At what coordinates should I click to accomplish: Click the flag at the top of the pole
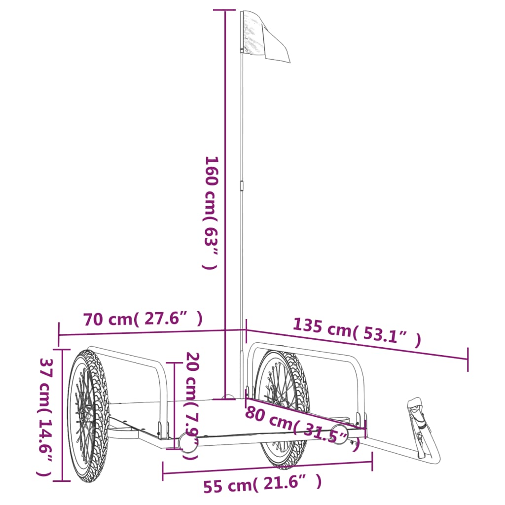[x=264, y=37]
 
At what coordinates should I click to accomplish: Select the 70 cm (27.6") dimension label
[x=143, y=320]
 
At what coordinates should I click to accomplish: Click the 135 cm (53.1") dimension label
[x=357, y=333]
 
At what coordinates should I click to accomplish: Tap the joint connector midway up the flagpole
[x=242, y=185]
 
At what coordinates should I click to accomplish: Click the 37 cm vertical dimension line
[x=62, y=414]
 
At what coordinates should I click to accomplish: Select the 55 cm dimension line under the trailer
[x=266, y=468]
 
